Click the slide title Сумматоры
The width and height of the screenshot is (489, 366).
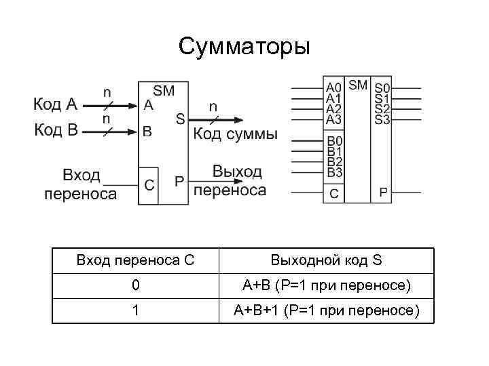point(244,47)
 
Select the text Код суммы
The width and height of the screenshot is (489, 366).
point(236,134)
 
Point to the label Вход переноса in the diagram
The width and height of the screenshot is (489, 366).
point(81,184)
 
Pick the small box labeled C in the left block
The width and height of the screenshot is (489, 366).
point(149,184)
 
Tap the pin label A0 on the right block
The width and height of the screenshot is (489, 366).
point(333,88)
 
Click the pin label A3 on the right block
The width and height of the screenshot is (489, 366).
point(333,119)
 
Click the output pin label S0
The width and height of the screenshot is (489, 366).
point(382,88)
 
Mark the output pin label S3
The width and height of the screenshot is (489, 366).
point(382,119)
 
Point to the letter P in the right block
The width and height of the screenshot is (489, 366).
point(383,193)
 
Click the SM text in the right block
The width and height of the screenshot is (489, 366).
point(358,85)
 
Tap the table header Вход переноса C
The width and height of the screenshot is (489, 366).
point(136,260)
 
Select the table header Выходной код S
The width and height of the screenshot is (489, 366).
point(326,260)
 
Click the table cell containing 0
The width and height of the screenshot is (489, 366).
point(136,286)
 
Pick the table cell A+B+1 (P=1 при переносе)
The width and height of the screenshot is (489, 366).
point(326,311)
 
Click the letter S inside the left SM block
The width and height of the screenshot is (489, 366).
point(180,119)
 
